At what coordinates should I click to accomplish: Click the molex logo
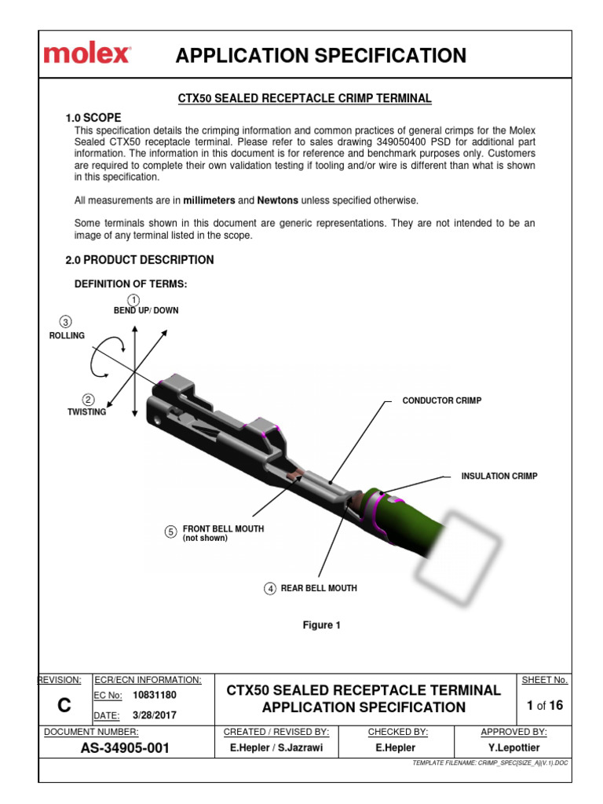(87, 55)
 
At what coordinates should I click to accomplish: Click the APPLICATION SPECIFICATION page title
(320, 56)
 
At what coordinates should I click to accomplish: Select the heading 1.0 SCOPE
(93, 118)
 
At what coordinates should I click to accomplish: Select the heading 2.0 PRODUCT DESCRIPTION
(139, 260)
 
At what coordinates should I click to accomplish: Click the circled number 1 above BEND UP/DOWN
(134, 300)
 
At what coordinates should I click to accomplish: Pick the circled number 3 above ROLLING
(66, 322)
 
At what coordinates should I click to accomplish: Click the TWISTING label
(86, 412)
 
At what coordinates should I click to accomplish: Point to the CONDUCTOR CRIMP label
(441, 400)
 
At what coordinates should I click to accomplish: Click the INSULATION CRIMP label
(499, 477)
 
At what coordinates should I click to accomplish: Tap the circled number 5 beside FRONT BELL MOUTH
(170, 532)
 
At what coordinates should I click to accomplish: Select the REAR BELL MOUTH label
(319, 588)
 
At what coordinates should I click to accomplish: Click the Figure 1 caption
(322, 625)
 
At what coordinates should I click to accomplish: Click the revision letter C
(64, 706)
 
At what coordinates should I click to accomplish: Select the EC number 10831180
(155, 696)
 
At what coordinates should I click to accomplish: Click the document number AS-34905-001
(125, 748)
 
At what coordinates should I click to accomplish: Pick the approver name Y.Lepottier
(513, 748)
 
